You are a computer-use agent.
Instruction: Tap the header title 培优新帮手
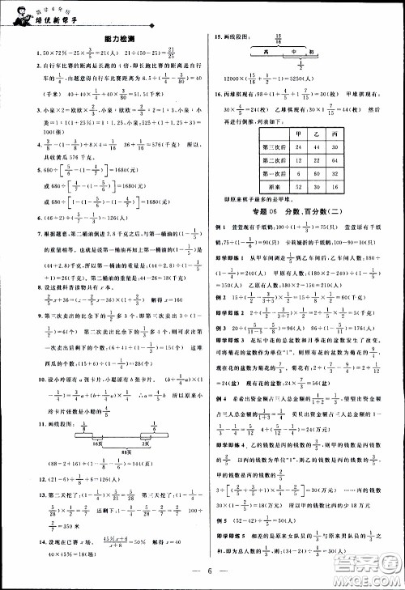point(51,17)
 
